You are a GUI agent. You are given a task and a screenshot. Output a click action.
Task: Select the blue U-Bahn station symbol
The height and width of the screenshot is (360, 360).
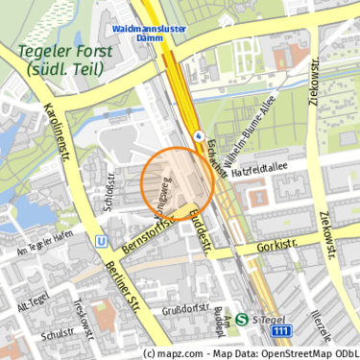point(102,242)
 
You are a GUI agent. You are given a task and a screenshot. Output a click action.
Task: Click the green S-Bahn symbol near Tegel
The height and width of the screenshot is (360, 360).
point(241,320)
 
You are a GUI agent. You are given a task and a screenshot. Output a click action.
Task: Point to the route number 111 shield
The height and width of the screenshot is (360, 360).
point(280,331)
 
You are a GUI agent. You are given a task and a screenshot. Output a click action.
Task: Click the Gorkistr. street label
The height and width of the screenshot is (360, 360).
point(276,247)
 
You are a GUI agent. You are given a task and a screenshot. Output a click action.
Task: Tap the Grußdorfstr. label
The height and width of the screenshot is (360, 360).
point(185,309)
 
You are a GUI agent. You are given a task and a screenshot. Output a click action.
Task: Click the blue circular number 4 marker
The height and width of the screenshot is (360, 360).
point(199,135)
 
